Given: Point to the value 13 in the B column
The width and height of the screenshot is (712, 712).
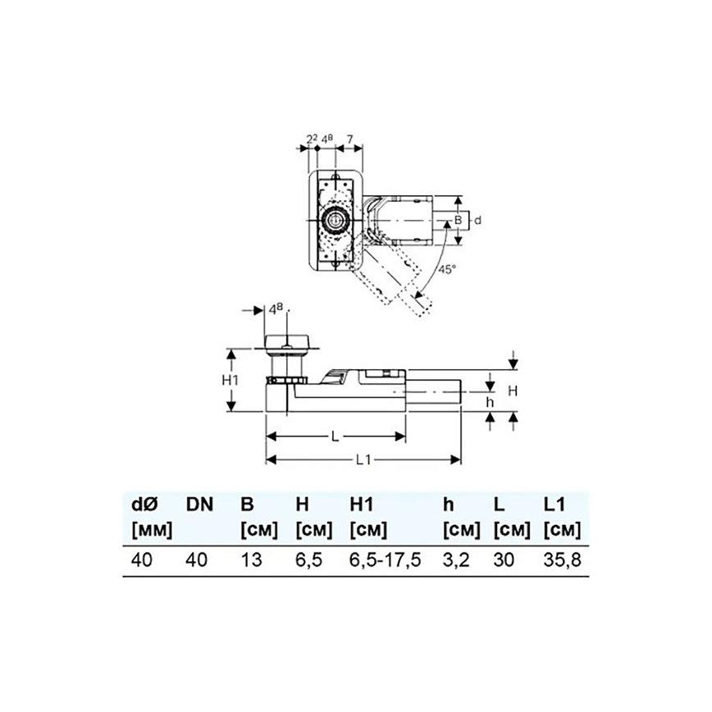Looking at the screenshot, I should [x=249, y=560].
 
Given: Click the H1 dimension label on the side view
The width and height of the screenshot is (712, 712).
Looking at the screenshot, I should [x=231, y=381].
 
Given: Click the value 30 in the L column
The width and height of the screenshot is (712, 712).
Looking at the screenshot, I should [x=503, y=560].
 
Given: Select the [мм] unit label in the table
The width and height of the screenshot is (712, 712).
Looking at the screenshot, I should [x=151, y=529].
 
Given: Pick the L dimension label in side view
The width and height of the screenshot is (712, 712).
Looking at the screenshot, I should [x=335, y=437].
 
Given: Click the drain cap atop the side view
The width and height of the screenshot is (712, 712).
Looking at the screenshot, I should [x=288, y=343].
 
